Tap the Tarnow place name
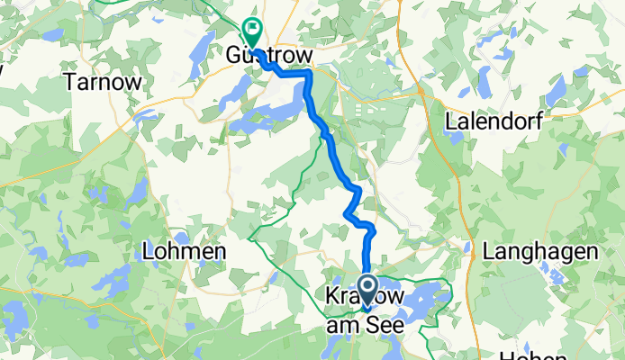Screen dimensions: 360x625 [x=104, y=81]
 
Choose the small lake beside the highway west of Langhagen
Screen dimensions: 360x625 [x=468, y=248]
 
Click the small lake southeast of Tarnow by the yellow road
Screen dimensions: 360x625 [x=144, y=115]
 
